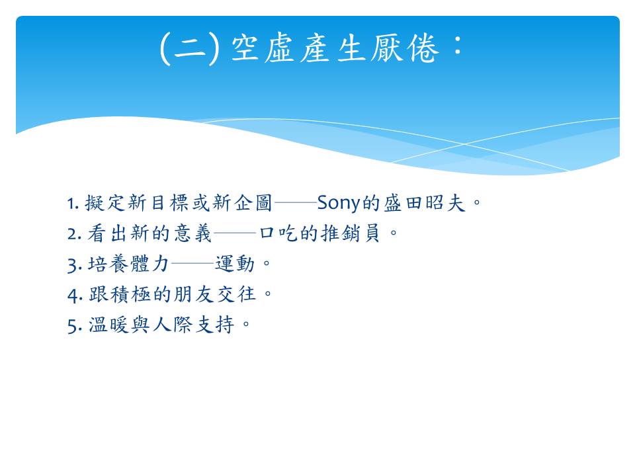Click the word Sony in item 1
pyautogui.click(x=338, y=203)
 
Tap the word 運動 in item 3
pyautogui.click(x=235, y=264)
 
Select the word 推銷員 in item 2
pyautogui.click(x=351, y=233)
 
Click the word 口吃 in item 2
pyautogui.click(x=278, y=233)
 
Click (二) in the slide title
pyautogui.click(x=190, y=48)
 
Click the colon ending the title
pyautogui.click(x=458, y=46)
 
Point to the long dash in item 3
pyautogui.click(x=192, y=264)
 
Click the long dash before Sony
pyautogui.click(x=295, y=202)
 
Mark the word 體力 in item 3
pyautogui.click(x=149, y=264)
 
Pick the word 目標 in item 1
pyautogui.click(x=170, y=203)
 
